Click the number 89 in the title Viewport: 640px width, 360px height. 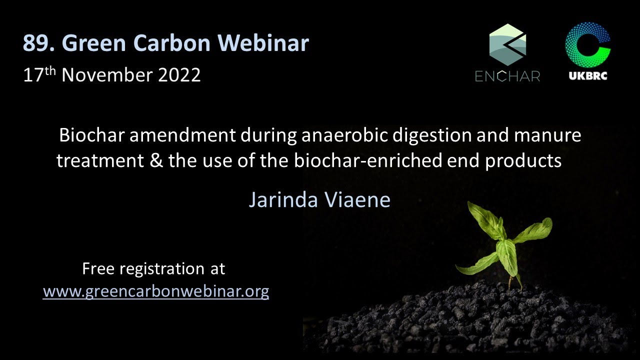pyautogui.click(x=35, y=43)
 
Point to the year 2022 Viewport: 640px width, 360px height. pyautogui.click(x=179, y=75)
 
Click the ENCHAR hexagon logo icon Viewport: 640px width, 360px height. pyautogui.click(x=507, y=45)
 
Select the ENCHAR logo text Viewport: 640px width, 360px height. pyautogui.click(x=507, y=76)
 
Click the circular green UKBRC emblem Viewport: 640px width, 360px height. pyautogui.click(x=587, y=45)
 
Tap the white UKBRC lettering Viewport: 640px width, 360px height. pyautogui.click(x=588, y=75)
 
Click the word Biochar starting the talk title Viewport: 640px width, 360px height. pyautogui.click(x=91, y=135)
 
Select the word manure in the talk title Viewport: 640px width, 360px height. pyautogui.click(x=547, y=135)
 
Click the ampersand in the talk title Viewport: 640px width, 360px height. pyautogui.click(x=156, y=160)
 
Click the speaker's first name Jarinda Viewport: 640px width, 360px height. pyautogui.click(x=283, y=199)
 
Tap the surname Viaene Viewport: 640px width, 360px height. pyautogui.click(x=357, y=199)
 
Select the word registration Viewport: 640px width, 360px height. pyautogui.click(x=162, y=269)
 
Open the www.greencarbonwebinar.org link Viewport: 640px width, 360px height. pyautogui.click(x=156, y=292)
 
